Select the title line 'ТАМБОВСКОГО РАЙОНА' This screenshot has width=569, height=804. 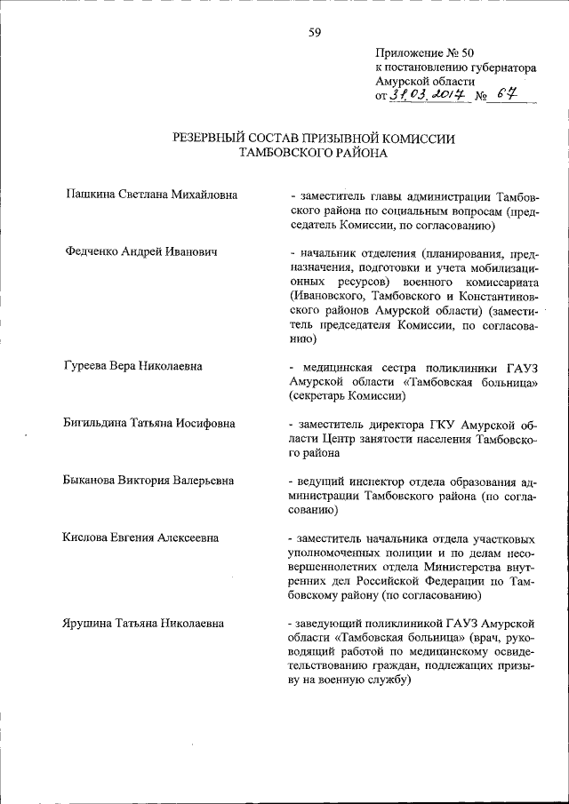pos(314,153)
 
